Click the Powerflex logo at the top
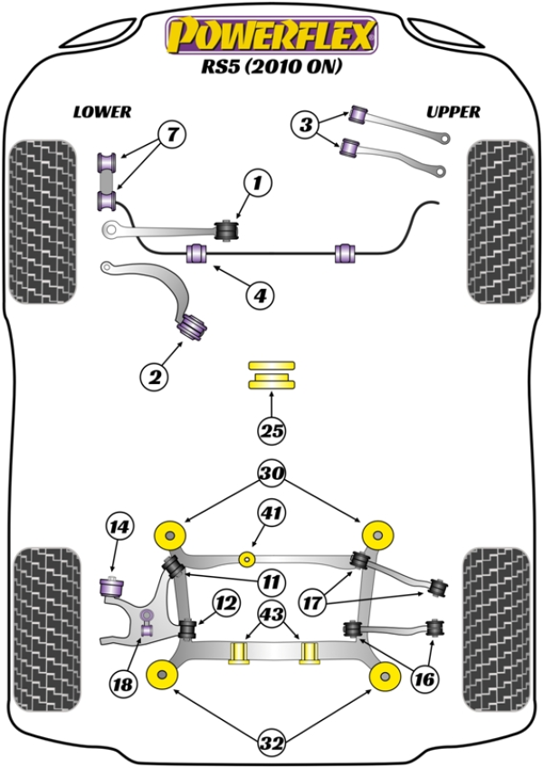pos(271,36)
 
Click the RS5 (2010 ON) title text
pos(271,68)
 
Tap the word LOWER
pos(102,112)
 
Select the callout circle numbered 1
pos(256,184)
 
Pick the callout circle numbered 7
pos(172,135)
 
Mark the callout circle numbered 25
pos(271,431)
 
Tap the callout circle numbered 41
pos(272,514)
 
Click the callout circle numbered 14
pos(119,525)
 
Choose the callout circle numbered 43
pos(272,613)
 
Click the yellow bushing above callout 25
pos(271,375)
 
